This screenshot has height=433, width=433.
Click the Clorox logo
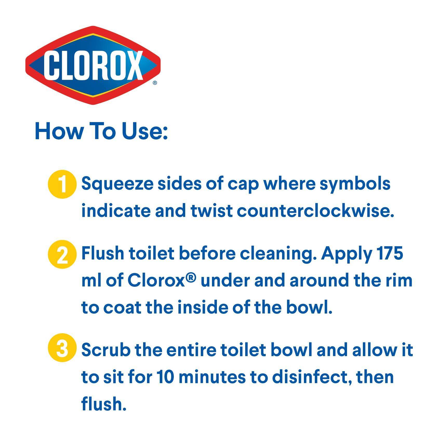[x=93, y=65]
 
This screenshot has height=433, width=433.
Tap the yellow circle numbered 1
[x=62, y=184]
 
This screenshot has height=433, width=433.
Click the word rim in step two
[x=398, y=281]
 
